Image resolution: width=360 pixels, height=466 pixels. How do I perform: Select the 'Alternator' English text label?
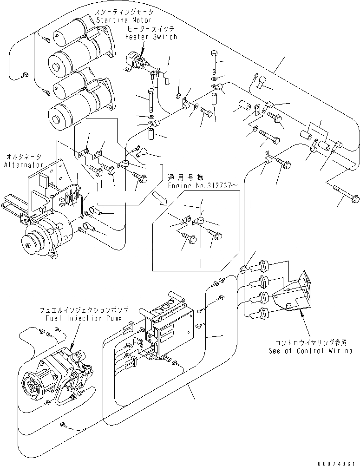(x=23, y=164)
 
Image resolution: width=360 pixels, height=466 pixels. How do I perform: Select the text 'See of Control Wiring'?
(x=310, y=351)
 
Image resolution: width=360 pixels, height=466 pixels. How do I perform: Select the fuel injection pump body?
(x=56, y=372)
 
